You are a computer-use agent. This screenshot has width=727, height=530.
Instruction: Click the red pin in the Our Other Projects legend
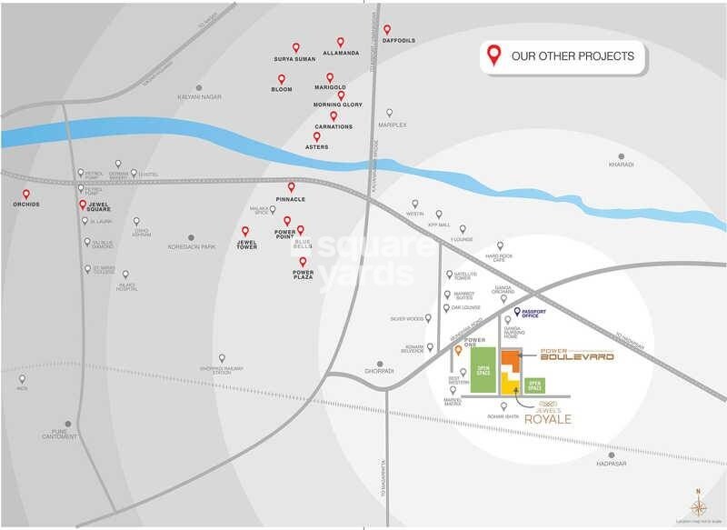[x=494, y=55]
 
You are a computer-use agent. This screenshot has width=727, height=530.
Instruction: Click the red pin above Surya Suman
[x=295, y=47]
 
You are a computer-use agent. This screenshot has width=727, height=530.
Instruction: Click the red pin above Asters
[x=317, y=137]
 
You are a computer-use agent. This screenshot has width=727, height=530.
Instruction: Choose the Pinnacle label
[x=291, y=198]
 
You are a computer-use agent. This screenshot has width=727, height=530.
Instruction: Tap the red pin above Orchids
[x=26, y=194]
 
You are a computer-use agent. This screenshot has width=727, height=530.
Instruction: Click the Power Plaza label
[x=303, y=274]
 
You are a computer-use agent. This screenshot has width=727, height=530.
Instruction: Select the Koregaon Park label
[x=191, y=246]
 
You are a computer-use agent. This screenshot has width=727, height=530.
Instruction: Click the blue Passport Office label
[x=535, y=314]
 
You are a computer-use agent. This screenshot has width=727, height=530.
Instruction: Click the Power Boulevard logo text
[x=577, y=355]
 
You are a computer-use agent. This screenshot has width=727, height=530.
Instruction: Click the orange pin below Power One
[x=458, y=350]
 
